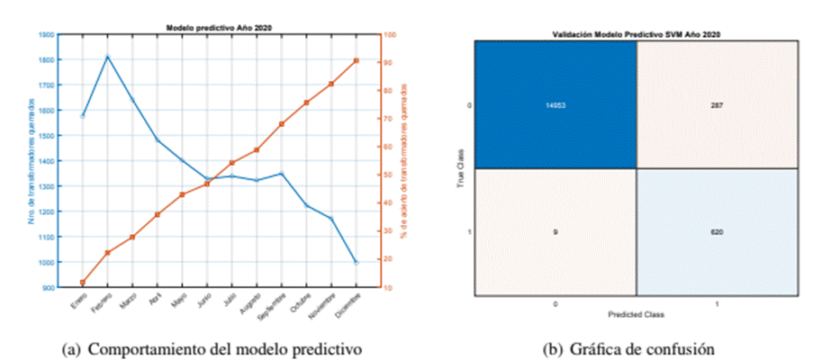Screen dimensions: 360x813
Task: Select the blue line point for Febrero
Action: (107, 57)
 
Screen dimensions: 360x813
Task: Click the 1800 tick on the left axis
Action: (46, 59)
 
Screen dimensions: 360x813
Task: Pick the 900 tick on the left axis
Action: (48, 288)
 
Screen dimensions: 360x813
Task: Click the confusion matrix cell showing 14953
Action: (556, 105)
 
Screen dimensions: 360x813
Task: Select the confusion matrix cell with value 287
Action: (718, 105)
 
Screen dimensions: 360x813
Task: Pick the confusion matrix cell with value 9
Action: (556, 232)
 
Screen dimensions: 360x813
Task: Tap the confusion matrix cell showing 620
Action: (718, 232)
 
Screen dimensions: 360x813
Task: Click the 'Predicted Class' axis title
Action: (637, 313)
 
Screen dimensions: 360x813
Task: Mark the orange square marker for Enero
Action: (83, 283)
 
